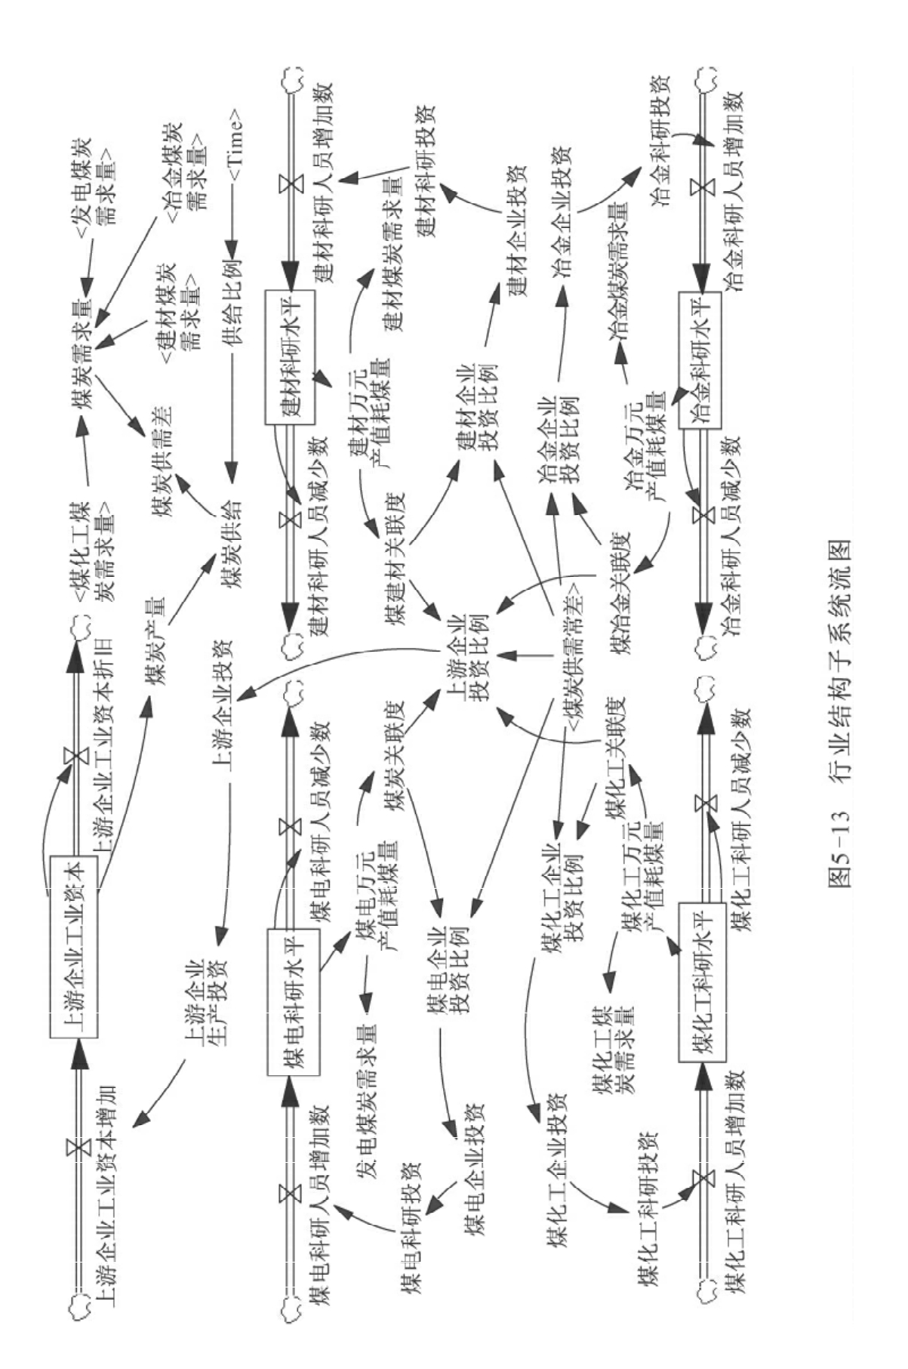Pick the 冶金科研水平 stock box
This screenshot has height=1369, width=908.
pyautogui.click(x=700, y=361)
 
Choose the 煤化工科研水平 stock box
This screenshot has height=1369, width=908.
pyautogui.click(x=702, y=982)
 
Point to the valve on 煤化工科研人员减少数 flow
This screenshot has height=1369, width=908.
pyautogui.click(x=704, y=802)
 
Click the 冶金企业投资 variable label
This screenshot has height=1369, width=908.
pyautogui.click(x=562, y=213)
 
